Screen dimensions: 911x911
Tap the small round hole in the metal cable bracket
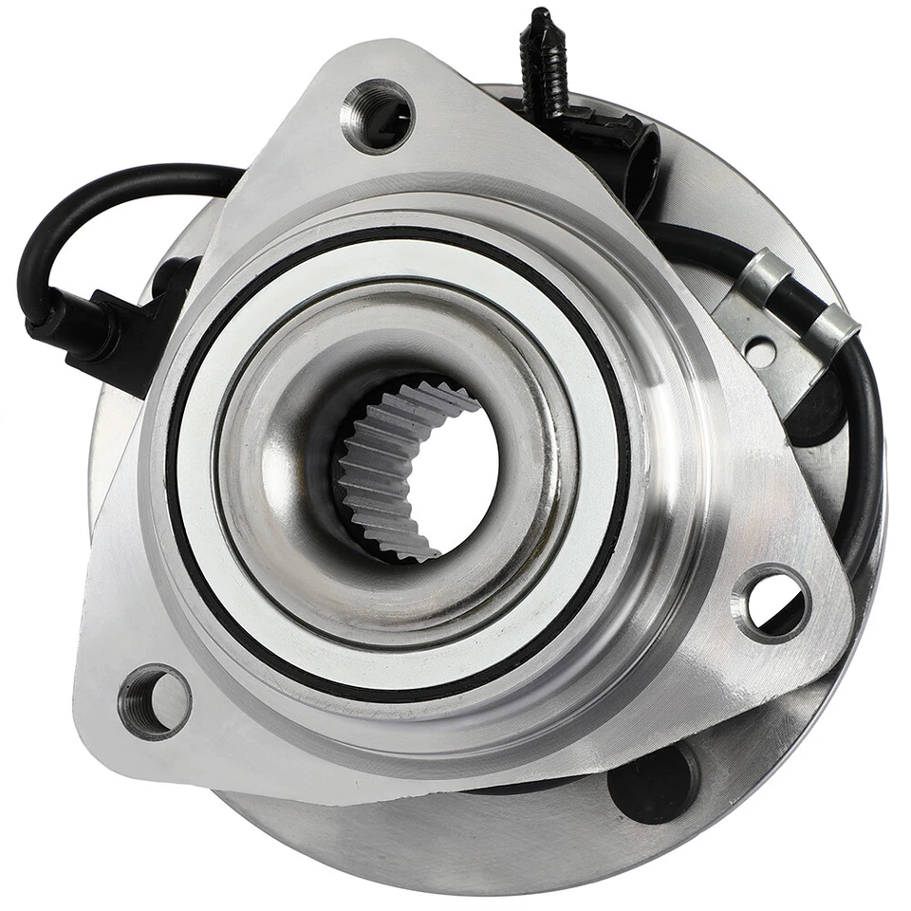coord(760,353)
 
